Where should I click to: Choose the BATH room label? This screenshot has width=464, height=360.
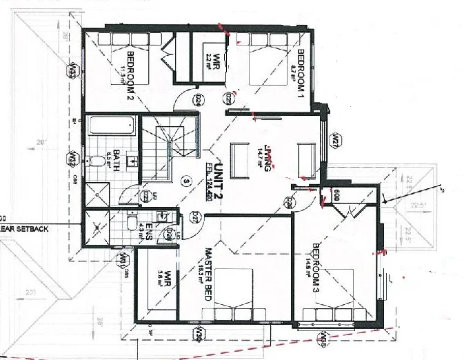pos(117,159)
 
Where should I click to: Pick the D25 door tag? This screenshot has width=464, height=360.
pos(227,101)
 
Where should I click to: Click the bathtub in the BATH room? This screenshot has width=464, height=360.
pos(111,127)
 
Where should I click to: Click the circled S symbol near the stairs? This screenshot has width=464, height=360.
pos(185,181)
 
